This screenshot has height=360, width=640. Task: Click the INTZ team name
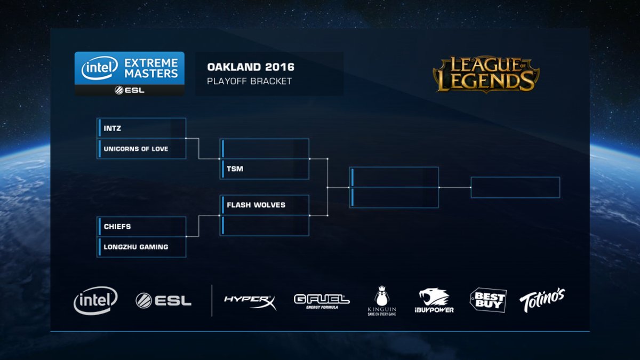point(110,129)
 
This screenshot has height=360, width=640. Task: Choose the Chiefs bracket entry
point(117,227)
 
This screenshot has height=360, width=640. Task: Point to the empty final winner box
point(515,188)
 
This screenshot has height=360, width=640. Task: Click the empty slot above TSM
point(265,149)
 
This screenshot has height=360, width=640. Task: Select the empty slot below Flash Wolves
point(265,225)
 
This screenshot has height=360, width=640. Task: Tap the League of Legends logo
point(486,74)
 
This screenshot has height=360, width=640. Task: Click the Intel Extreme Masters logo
point(130,73)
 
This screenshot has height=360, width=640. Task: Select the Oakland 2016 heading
point(250,68)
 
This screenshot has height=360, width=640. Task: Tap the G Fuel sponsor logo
point(322,301)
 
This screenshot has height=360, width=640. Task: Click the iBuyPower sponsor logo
point(434,301)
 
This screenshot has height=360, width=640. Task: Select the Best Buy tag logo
point(487,300)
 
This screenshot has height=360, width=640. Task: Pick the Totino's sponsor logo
point(542,300)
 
